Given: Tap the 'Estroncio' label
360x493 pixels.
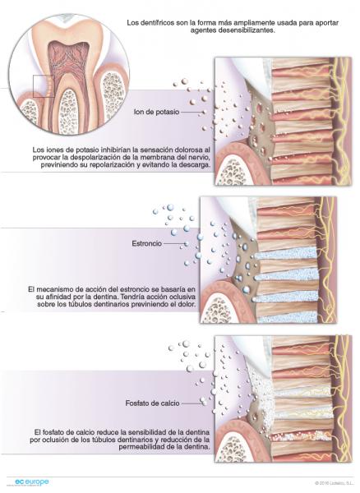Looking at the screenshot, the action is click(147, 243).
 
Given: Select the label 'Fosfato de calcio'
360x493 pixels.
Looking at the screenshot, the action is click(152, 403).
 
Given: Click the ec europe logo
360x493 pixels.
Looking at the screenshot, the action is click(31, 482).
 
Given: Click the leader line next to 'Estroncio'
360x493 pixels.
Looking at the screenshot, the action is click(174, 243).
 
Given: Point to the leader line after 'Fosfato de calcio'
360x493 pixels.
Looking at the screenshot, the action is click(191, 403).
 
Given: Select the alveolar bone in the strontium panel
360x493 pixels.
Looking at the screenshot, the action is click(217, 310).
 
